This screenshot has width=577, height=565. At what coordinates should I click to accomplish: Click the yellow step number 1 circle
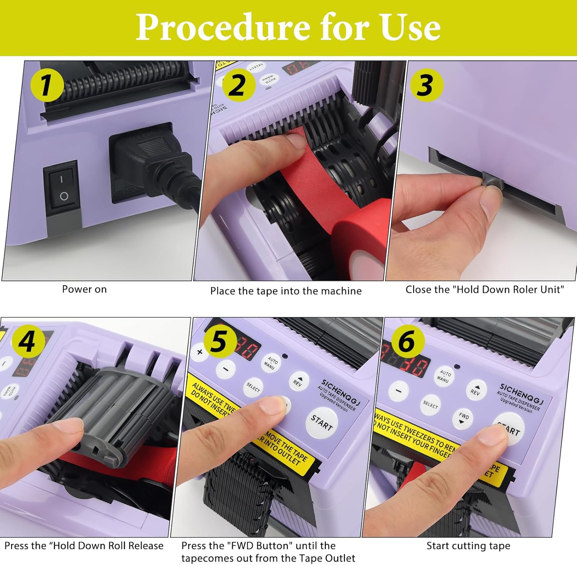coord(47,85)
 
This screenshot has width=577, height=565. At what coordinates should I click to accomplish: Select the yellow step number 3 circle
coord(426,85)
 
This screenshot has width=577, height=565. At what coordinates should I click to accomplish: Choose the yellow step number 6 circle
coord(408,341)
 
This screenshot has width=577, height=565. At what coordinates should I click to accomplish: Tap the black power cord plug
coord(154,162)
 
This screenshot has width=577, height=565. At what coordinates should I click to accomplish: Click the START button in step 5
coord(322,423)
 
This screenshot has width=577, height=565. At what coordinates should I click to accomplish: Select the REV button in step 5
coord(298,381)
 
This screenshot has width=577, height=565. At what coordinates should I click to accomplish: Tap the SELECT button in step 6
coord(430,405)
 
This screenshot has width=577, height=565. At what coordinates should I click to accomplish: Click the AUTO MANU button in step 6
coord(444,376)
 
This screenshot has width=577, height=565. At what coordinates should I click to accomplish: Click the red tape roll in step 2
coord(362,239)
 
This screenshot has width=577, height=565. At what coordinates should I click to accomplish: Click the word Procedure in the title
coord(223,27)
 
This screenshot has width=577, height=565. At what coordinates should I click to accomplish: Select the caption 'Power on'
coord(84,289)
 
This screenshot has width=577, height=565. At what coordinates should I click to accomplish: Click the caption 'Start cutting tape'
coord(468,546)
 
